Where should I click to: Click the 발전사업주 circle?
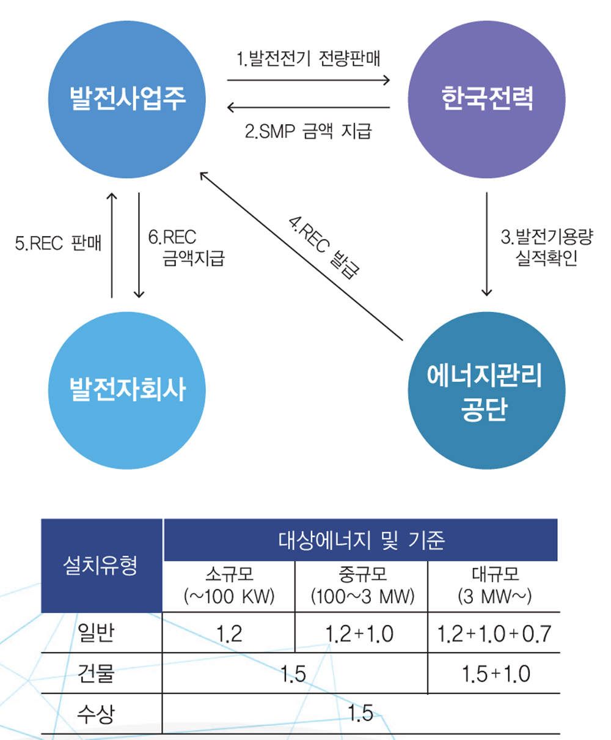[127, 99]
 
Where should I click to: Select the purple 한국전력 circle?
[486, 99]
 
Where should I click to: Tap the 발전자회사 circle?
[127, 390]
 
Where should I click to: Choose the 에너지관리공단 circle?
[486, 390]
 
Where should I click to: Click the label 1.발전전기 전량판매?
[308, 59]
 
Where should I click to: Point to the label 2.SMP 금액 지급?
[308, 131]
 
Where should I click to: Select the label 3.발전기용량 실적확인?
[546, 247]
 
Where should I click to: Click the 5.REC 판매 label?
[58, 243]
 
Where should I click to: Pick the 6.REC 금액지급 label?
[186, 247]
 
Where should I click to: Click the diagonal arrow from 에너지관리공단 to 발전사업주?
[301, 256]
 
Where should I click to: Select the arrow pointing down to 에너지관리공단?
[487, 244]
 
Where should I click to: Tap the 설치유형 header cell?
[101, 565]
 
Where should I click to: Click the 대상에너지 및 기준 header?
[360, 540]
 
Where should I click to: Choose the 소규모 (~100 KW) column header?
[229, 586]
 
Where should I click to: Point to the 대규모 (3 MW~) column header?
[494, 586]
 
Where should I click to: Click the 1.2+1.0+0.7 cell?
[494, 634]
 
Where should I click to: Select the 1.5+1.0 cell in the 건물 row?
[496, 674]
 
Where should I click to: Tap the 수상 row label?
[96, 714]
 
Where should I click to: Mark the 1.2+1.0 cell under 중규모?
[359, 634]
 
